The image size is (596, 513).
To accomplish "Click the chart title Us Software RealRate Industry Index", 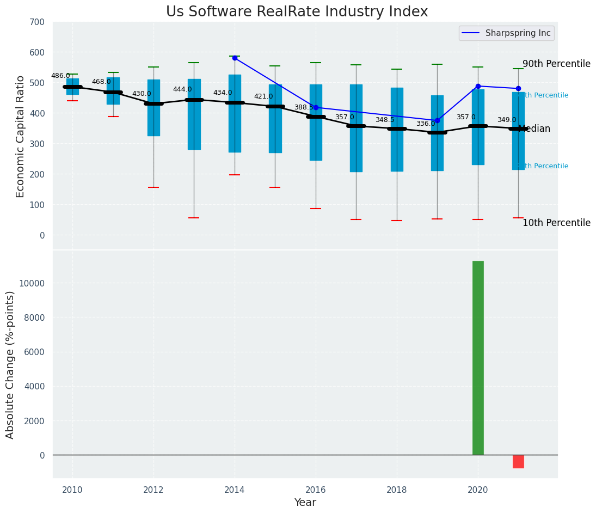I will pyautogui.click(x=297, y=12).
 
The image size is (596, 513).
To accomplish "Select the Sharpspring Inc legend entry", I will pyautogui.click(x=506, y=33).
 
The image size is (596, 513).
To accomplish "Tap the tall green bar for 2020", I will pyautogui.click(x=478, y=357).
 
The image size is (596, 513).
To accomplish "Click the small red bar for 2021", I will pyautogui.click(x=518, y=461).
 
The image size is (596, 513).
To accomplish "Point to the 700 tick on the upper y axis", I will pyautogui.click(x=38, y=22).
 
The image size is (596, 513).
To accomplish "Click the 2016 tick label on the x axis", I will pyautogui.click(x=316, y=490).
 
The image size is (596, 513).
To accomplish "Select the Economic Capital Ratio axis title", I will pyautogui.click(x=21, y=136).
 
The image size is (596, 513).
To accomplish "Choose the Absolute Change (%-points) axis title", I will pyautogui.click(x=10, y=364).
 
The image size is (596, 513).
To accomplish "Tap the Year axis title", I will pyautogui.click(x=305, y=503).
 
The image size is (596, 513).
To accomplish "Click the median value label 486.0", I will pyautogui.click(x=60, y=76).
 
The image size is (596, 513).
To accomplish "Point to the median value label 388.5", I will pyautogui.click(x=304, y=107).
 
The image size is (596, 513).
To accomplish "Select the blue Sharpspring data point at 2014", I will pyautogui.click(x=235, y=58).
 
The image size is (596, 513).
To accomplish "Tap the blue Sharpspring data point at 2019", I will pyautogui.click(x=437, y=120).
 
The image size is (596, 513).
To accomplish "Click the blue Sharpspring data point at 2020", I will pyautogui.click(x=478, y=86).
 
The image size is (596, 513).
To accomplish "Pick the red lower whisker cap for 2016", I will pyautogui.click(x=316, y=209).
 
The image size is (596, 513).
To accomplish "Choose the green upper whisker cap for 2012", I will pyautogui.click(x=153, y=67).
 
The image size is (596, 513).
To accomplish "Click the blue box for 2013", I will pyautogui.click(x=194, y=114).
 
